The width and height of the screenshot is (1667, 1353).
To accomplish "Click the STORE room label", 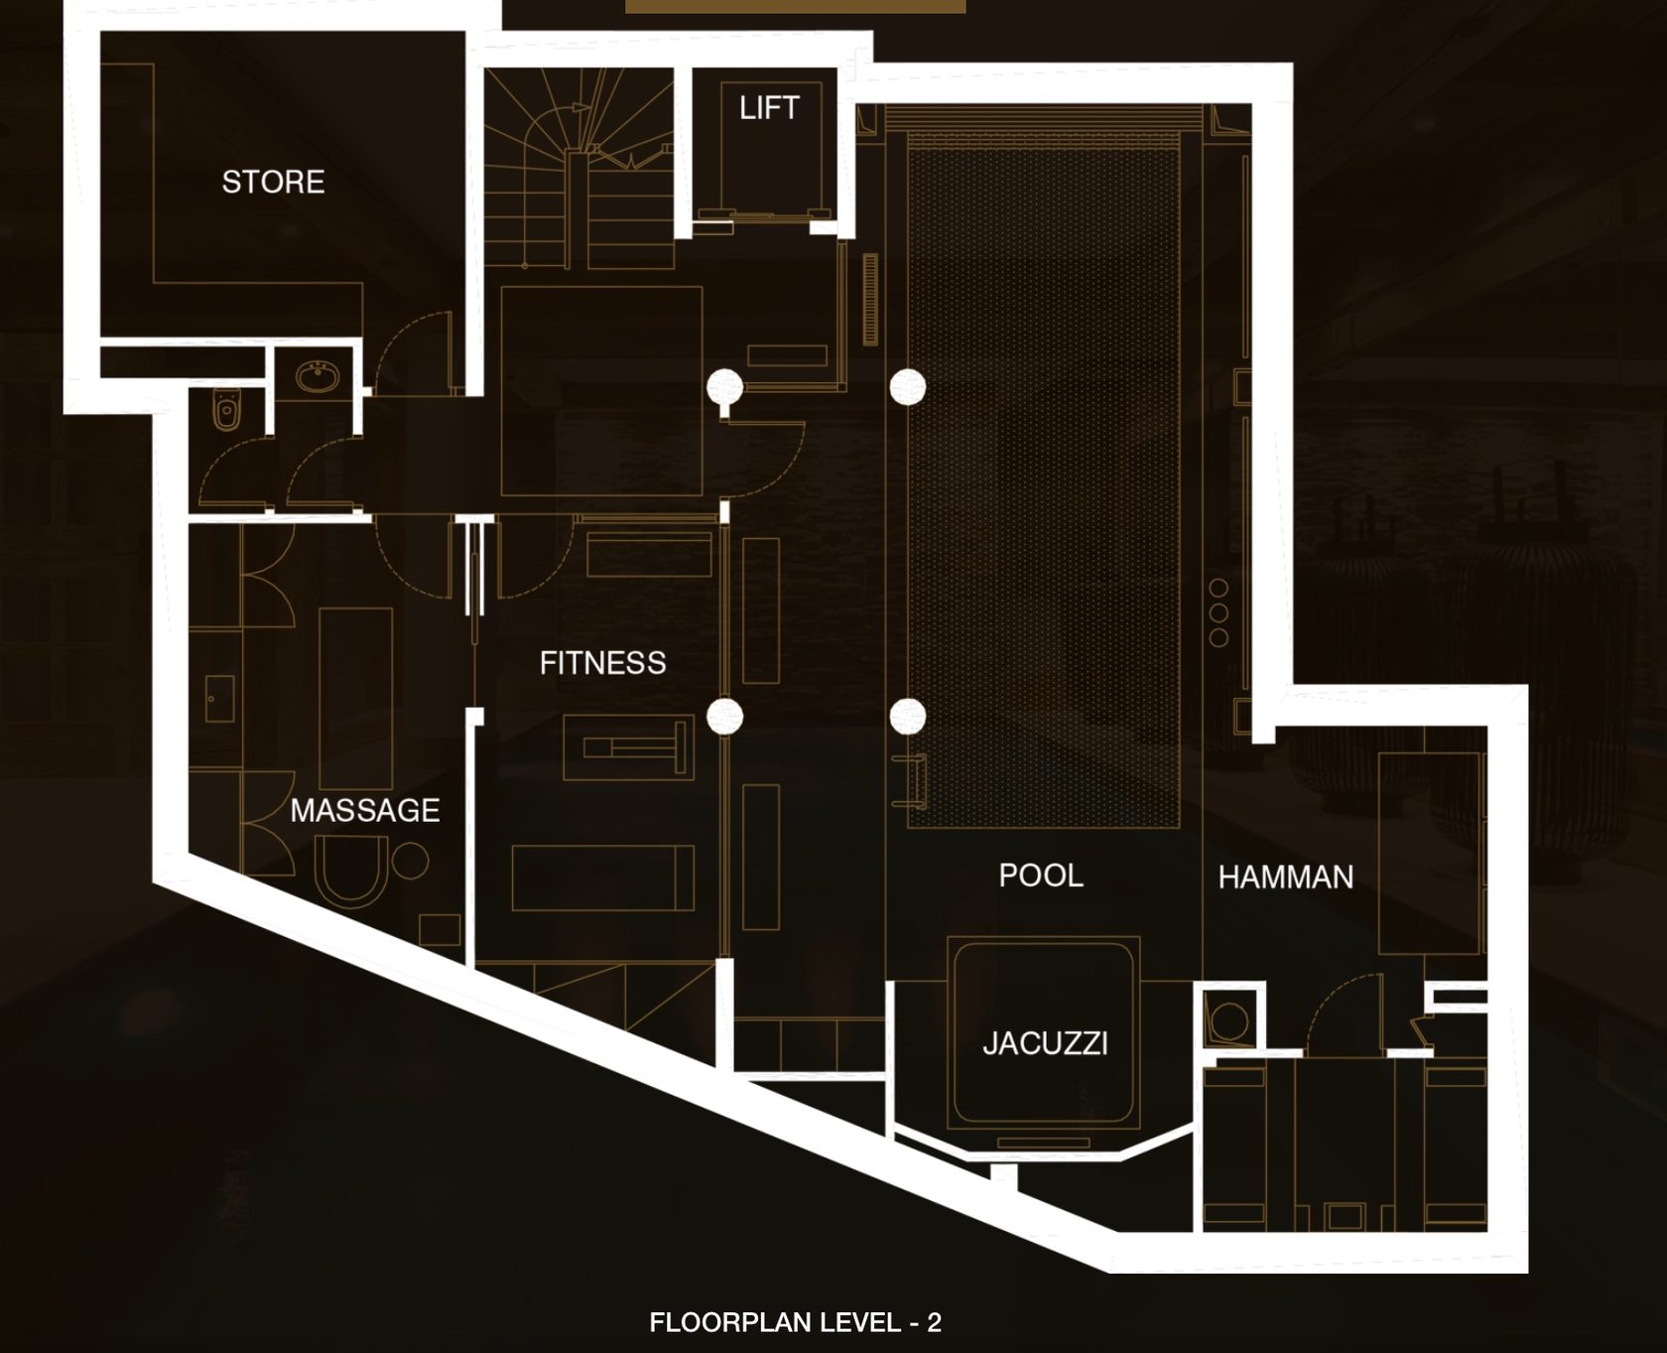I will [x=273, y=182].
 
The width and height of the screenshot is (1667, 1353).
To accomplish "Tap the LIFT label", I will [x=769, y=107].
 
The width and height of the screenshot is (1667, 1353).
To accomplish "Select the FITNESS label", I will [x=602, y=662].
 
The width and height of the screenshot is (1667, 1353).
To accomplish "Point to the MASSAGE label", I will [x=365, y=810].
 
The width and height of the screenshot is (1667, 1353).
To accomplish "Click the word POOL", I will [x=1041, y=875].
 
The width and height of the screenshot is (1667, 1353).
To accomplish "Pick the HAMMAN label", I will [x=1286, y=877].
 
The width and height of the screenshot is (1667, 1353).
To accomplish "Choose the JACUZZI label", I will [x=1045, y=1043].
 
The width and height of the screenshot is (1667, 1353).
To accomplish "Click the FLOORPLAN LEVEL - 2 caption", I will [x=795, y=1322].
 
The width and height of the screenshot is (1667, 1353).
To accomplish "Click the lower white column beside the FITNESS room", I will [x=724, y=716].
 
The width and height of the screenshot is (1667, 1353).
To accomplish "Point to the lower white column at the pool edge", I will [x=907, y=716].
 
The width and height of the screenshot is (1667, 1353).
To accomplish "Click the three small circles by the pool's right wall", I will [x=1218, y=612].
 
